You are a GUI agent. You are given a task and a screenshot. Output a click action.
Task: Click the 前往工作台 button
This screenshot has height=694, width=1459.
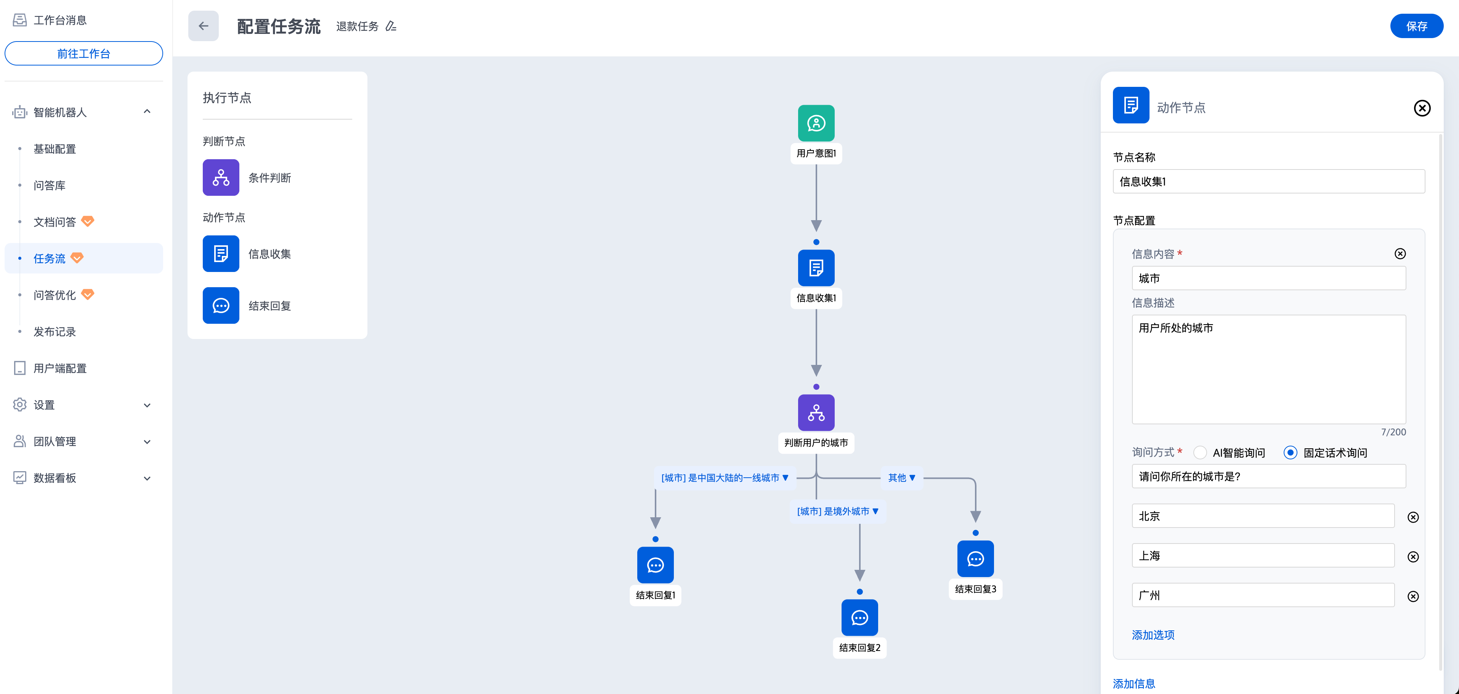click(x=84, y=54)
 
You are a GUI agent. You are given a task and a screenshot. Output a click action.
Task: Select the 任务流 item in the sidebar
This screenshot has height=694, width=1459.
click(x=50, y=259)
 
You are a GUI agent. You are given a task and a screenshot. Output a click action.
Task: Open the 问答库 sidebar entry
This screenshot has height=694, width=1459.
click(x=50, y=185)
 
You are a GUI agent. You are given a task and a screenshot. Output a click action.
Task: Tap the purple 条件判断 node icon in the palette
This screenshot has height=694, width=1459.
click(x=221, y=178)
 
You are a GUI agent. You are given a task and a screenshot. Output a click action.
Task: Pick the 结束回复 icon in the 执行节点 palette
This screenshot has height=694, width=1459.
click(x=221, y=306)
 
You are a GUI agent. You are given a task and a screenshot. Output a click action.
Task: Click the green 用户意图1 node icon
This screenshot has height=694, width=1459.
click(x=816, y=123)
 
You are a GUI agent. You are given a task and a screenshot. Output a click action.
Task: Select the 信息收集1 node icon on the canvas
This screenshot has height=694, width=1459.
click(x=816, y=268)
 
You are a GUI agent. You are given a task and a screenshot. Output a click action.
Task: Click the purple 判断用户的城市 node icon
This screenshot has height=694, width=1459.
click(x=816, y=413)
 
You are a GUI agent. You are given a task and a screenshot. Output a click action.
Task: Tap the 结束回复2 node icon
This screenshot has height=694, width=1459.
click(x=860, y=617)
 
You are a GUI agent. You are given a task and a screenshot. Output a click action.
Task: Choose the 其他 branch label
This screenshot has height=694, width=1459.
click(x=901, y=478)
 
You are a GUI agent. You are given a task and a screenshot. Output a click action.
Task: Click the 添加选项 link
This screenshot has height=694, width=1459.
click(x=1153, y=635)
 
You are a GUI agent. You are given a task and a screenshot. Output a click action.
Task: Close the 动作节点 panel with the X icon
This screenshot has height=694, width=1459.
click(x=1422, y=108)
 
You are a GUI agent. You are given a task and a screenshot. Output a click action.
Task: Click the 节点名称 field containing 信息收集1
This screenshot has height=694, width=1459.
click(x=1269, y=182)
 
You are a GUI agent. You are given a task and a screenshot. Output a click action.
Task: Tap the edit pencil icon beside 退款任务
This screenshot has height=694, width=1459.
click(x=391, y=26)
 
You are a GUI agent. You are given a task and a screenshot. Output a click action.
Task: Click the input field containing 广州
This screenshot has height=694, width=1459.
click(x=1263, y=595)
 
